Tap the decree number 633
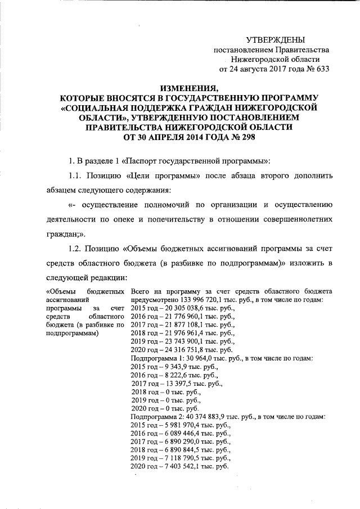point(321,70)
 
